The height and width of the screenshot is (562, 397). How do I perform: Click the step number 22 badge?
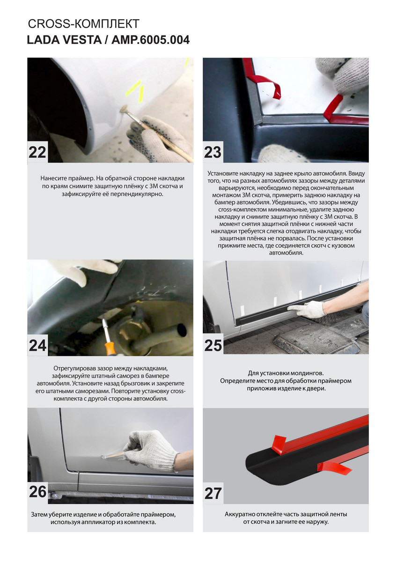pyautogui.click(x=37, y=152)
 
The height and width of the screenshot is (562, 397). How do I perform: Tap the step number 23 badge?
pyautogui.click(x=213, y=152)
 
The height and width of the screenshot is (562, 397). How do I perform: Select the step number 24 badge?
pyautogui.click(x=37, y=346)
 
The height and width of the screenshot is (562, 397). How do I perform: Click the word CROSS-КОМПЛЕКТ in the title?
pyautogui.click(x=83, y=24)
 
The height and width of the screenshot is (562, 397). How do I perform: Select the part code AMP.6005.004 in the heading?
pyautogui.click(x=150, y=40)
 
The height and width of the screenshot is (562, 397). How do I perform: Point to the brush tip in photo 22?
pyautogui.click(x=124, y=109)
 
